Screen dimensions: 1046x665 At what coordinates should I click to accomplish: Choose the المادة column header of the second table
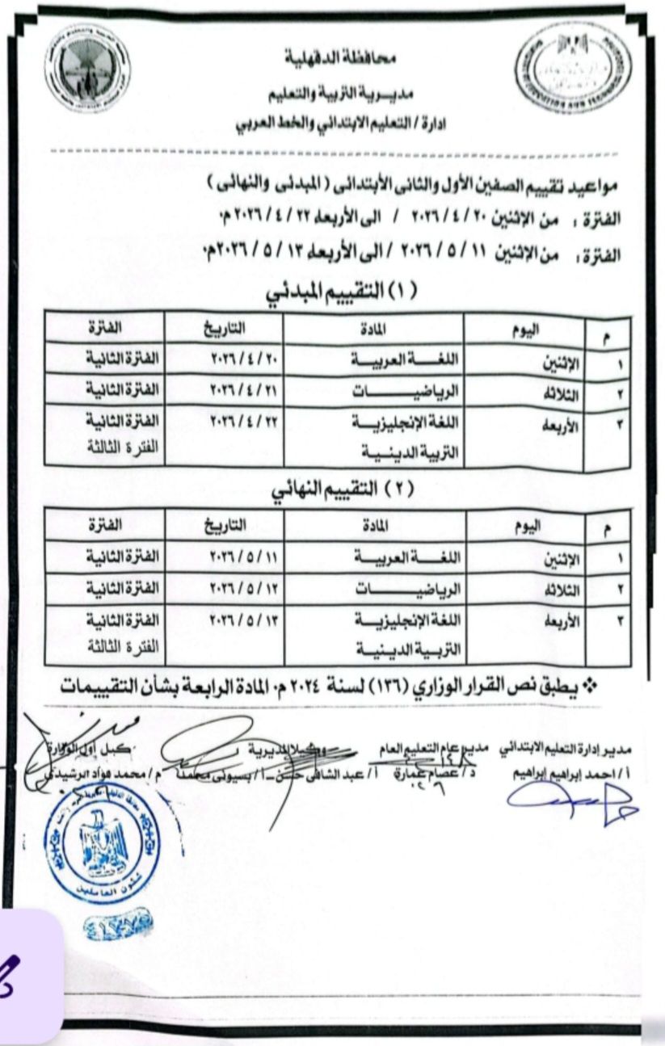tap(373, 526)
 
